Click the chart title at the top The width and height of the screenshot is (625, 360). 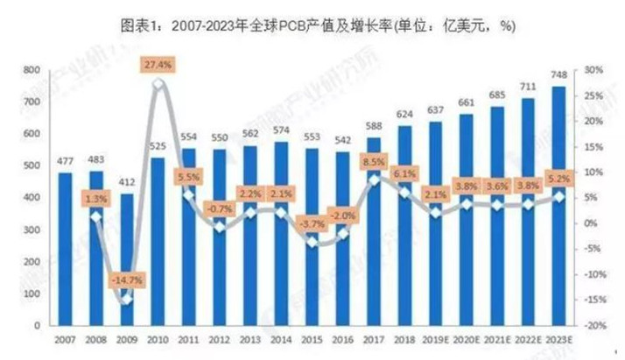click(x=312, y=26)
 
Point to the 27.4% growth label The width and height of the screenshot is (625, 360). click(x=159, y=64)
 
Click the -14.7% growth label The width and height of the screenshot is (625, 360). click(x=128, y=280)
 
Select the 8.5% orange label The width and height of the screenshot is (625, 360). click(x=373, y=161)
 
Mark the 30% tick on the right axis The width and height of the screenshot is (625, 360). click(x=593, y=70)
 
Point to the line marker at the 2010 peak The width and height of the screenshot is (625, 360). click(x=158, y=84)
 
